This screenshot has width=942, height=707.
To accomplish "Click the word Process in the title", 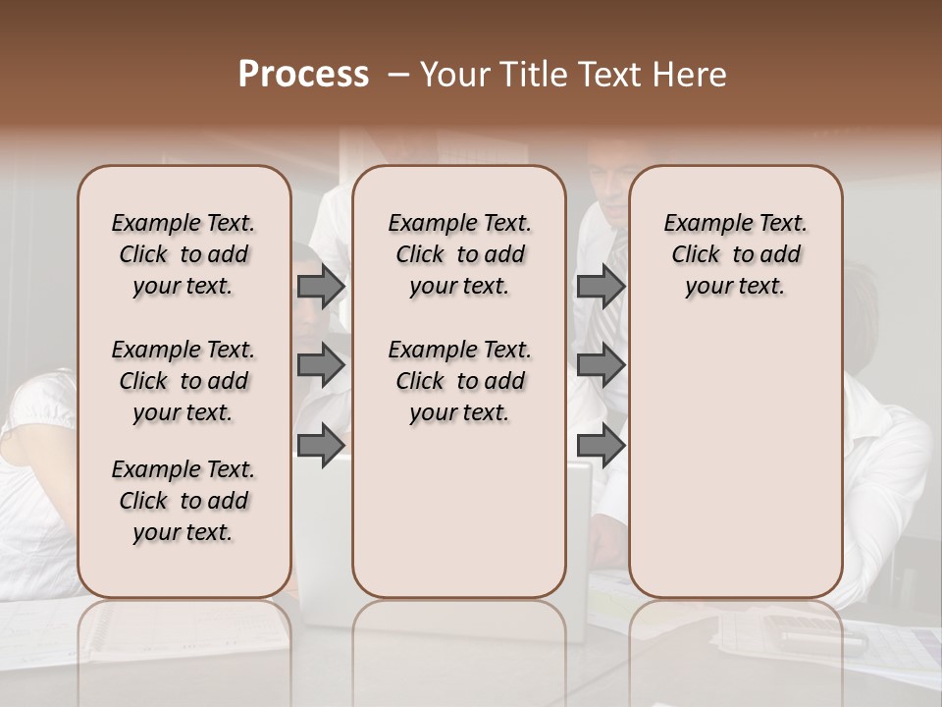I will click(303, 75).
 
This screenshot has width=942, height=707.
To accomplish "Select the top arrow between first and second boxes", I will click(321, 287).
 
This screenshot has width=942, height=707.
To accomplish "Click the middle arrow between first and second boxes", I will click(321, 365).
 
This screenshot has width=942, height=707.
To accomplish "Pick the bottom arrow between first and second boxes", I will click(321, 445).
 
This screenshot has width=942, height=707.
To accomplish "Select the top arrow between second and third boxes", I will click(601, 287).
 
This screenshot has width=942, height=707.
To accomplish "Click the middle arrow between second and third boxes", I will click(601, 365).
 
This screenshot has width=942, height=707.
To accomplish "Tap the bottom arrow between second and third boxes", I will click(601, 445).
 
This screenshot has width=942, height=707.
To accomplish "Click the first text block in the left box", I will click(183, 254).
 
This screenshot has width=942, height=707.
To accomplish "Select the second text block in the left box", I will click(183, 381).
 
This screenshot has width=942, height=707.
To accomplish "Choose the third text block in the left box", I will click(183, 501).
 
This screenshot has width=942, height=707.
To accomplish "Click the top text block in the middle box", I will click(459, 254).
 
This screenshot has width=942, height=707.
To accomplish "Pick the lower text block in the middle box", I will click(459, 381).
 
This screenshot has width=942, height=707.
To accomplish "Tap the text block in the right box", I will click(735, 254).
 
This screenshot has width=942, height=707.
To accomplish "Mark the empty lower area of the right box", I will click(735, 462).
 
